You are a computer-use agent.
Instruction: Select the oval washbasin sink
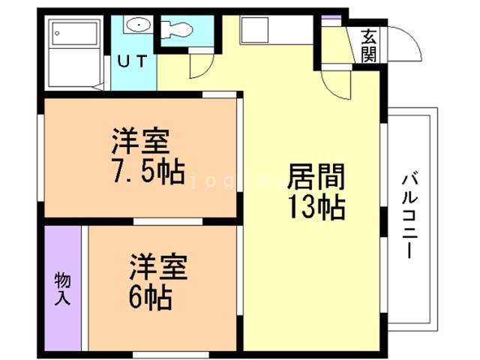pos(138,25)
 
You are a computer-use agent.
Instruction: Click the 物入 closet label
pos(62,289)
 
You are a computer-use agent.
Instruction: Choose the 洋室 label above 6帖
pos(157,268)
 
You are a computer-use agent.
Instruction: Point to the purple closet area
pos(62,288)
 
